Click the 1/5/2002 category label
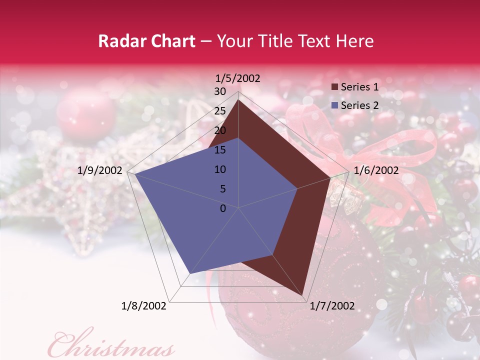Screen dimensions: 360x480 coord(237,78)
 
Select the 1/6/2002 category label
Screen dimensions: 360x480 coord(376,170)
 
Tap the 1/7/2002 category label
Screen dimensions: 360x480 coord(332,306)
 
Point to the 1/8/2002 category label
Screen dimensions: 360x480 coord(144,306)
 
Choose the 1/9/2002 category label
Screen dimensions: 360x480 coord(100,170)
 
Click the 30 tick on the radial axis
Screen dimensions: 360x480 coord(220,91)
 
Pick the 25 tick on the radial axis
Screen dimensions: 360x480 coord(220,111)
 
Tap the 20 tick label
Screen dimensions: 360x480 coord(220,130)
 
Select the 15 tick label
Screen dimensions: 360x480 coord(220,150)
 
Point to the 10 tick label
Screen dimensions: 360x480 coord(220,169)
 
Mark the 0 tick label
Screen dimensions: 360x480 coord(223,208)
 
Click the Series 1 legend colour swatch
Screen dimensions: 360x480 coord(335,87)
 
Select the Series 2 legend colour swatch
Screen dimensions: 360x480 coord(335,105)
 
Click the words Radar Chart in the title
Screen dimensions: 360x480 coord(146,41)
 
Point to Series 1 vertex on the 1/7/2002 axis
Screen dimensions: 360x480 coord(303,295)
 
